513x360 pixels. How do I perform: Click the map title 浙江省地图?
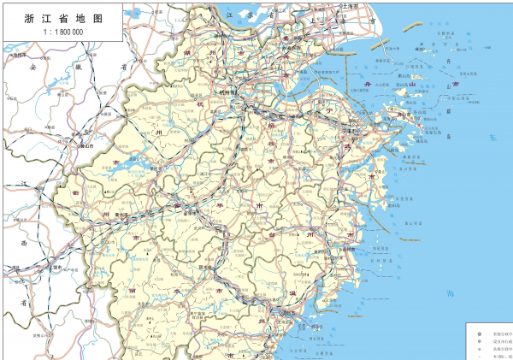(x=59, y=18)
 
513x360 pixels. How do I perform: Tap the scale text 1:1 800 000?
(x=59, y=31)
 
